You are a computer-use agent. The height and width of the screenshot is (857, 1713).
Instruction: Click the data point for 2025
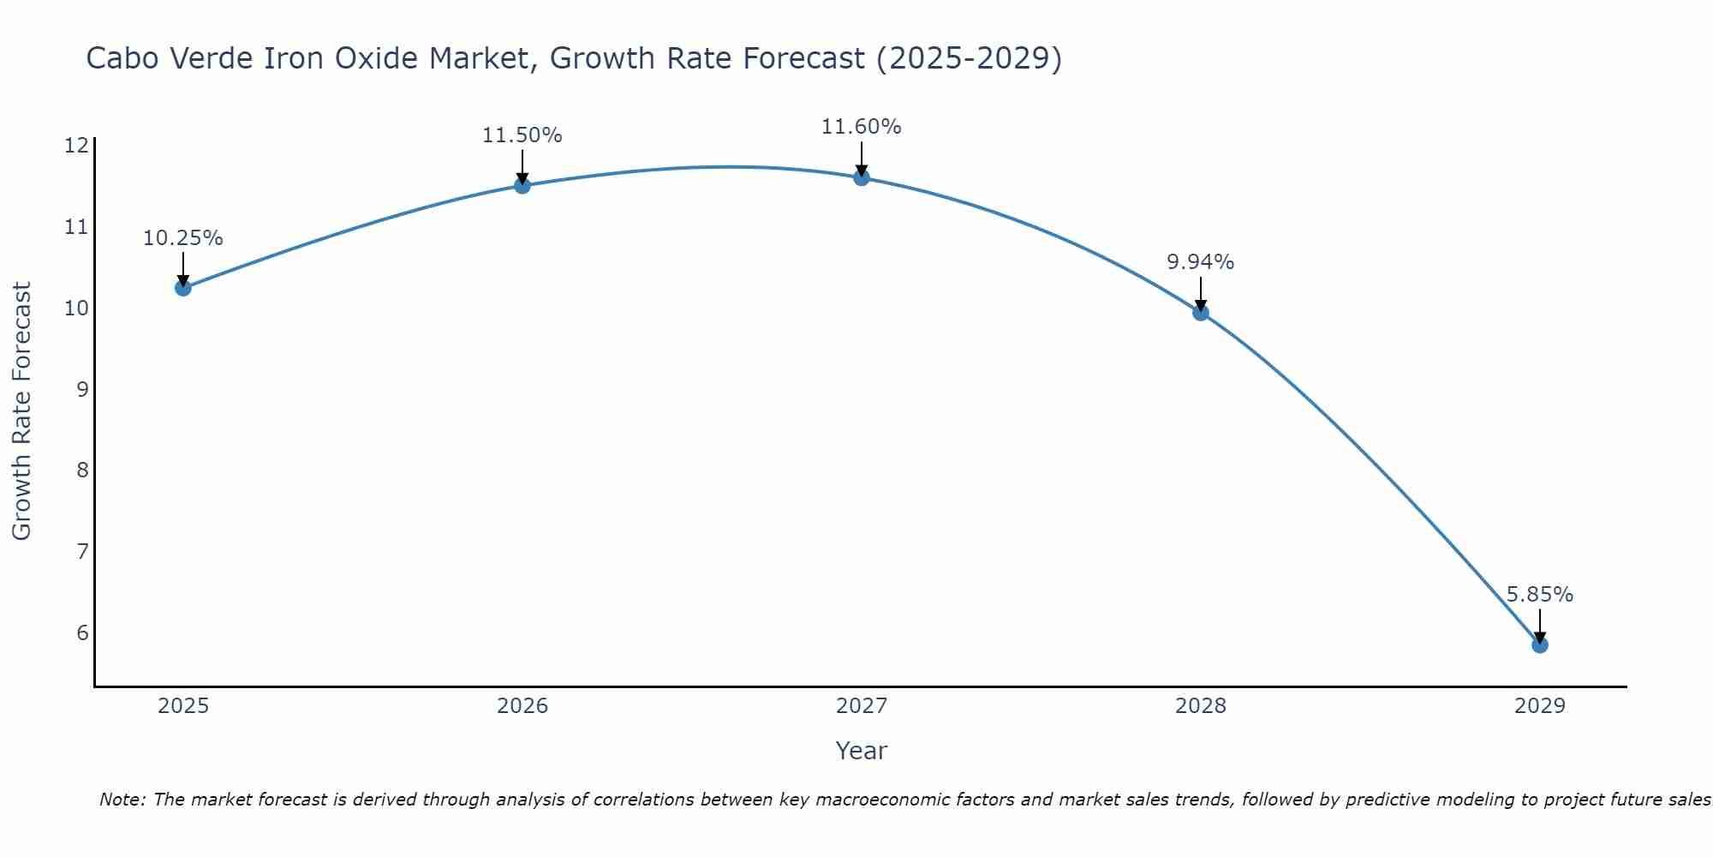(182, 288)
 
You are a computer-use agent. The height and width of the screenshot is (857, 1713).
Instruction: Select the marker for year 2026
(522, 185)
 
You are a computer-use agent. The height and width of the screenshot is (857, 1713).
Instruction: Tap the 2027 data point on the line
(862, 177)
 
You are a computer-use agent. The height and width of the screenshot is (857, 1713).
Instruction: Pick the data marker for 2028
(1201, 313)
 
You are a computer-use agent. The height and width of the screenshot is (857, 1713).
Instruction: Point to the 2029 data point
(1540, 644)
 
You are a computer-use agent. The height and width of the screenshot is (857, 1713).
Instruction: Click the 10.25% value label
(182, 238)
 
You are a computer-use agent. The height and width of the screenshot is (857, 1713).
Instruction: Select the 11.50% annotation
(522, 135)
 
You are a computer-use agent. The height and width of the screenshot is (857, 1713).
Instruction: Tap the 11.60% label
(861, 127)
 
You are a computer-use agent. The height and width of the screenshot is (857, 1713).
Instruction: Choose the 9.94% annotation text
(1200, 262)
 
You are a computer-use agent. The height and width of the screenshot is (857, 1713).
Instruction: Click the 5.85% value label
(1539, 595)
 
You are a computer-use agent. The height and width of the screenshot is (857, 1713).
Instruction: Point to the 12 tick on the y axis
(76, 146)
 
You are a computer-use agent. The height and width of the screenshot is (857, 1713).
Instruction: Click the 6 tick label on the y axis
(82, 632)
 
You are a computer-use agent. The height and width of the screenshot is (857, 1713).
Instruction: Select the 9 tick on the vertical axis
(82, 389)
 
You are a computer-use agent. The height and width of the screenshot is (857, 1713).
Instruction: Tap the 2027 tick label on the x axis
(862, 706)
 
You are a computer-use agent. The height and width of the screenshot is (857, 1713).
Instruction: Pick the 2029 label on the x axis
(1540, 706)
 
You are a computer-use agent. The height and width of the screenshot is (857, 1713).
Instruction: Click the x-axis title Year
(861, 751)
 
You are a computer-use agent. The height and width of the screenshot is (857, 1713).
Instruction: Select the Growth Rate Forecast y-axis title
(21, 411)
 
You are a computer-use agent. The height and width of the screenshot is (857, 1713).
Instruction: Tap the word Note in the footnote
(122, 800)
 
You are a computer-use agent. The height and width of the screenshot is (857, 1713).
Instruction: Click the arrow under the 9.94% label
(1201, 295)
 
